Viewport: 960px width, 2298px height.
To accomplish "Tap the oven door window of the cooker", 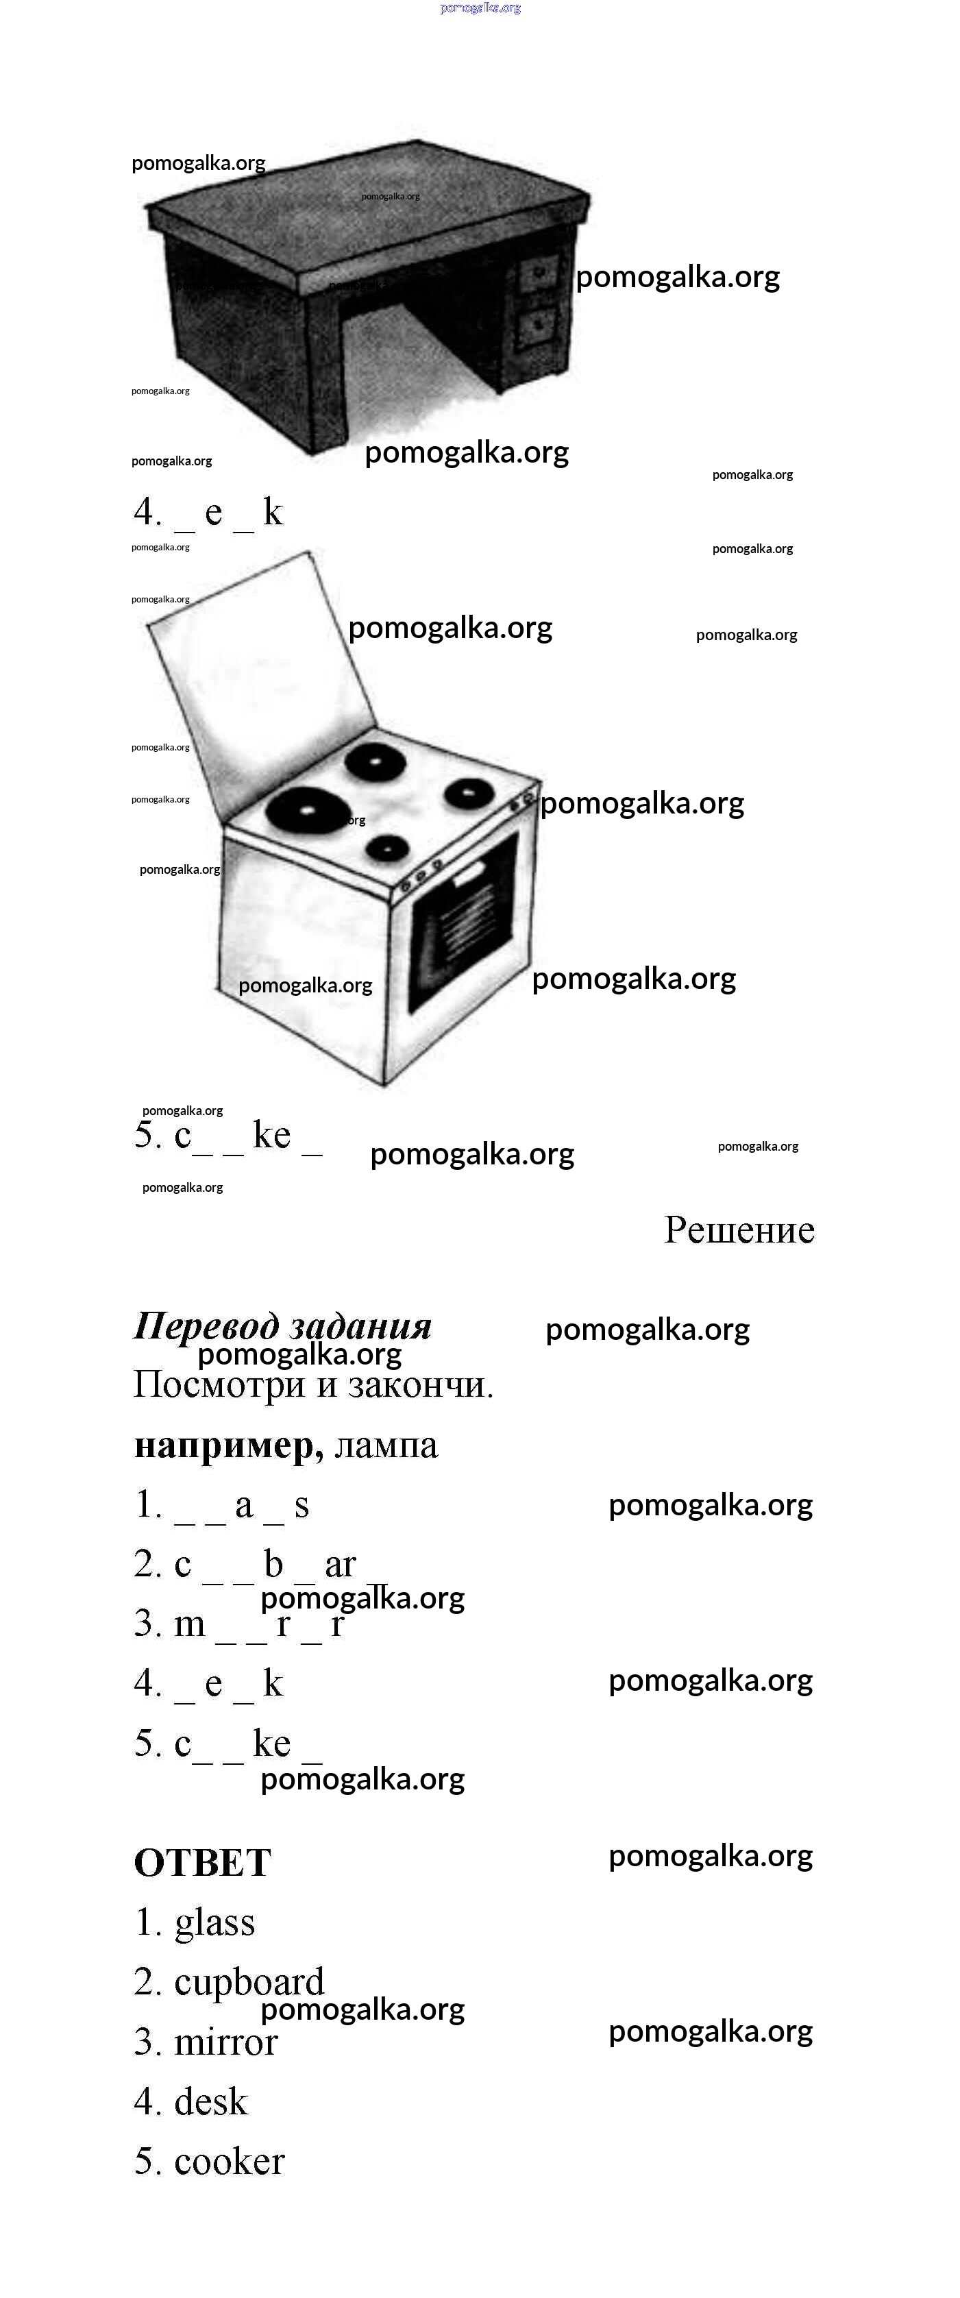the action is pyautogui.click(x=462, y=922).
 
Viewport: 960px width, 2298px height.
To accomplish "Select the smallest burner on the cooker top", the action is pyautogui.click(x=387, y=848).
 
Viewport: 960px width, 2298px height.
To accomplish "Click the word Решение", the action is pyautogui.click(x=739, y=1230).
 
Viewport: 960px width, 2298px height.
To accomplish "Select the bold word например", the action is pyautogui.click(x=228, y=1445).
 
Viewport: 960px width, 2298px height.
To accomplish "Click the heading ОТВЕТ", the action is pyautogui.click(x=203, y=1863).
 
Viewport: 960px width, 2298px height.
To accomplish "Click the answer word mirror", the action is pyautogui.click(x=225, y=2042).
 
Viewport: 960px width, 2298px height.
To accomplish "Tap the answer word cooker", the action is pyautogui.click(x=230, y=2162).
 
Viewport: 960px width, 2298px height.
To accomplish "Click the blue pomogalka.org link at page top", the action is pyautogui.click(x=480, y=8).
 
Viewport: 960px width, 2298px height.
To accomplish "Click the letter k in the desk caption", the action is pyautogui.click(x=273, y=511).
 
